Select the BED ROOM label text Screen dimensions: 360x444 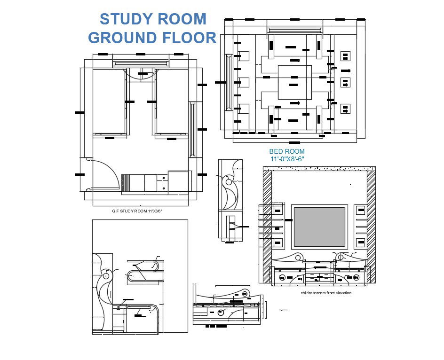286,151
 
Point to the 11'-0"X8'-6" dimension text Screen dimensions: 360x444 287,159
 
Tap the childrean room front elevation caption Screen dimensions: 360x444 326,293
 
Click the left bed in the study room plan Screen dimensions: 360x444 111,101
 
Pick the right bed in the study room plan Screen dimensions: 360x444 172,101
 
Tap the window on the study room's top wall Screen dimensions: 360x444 141,63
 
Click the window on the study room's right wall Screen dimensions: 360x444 192,130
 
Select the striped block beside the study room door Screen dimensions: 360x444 125,183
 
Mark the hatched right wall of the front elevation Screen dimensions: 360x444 371,226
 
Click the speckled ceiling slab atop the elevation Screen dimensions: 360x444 319,168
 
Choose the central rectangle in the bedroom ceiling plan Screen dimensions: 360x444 294,83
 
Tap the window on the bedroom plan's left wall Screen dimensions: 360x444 229,83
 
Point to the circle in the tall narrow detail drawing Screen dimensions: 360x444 229,181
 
